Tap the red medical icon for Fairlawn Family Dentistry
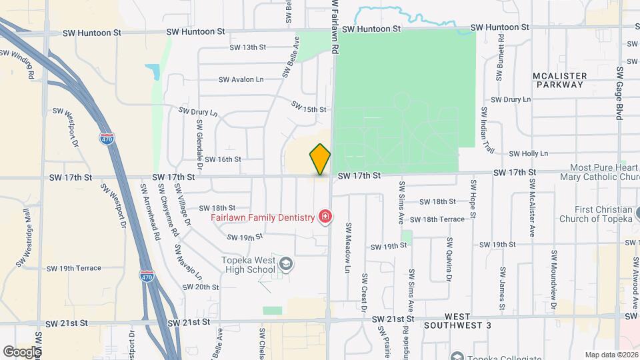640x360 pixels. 325,217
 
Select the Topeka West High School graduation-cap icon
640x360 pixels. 285,264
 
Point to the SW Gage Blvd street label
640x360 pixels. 619,93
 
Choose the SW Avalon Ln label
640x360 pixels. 241,79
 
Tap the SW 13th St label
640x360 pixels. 248,47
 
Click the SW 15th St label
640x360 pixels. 309,107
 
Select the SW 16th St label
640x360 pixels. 223,159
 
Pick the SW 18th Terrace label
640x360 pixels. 437,219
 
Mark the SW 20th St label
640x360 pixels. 201,287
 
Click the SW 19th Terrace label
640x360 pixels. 74,268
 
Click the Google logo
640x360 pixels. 21,351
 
